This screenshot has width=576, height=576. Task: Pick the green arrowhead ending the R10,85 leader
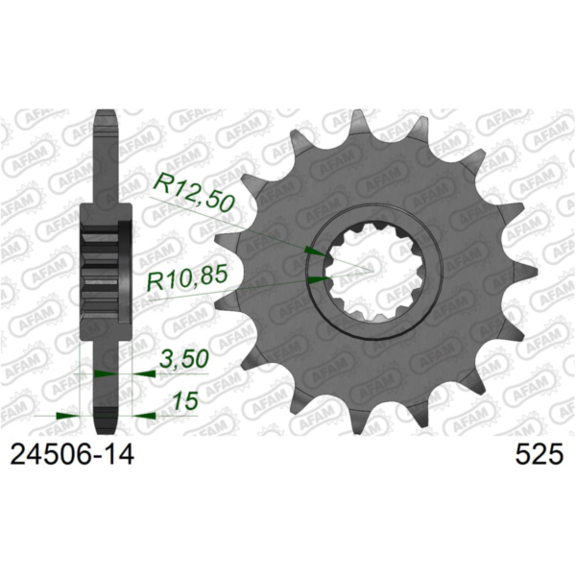click(318, 279)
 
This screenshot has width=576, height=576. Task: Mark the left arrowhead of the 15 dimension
click(66, 416)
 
